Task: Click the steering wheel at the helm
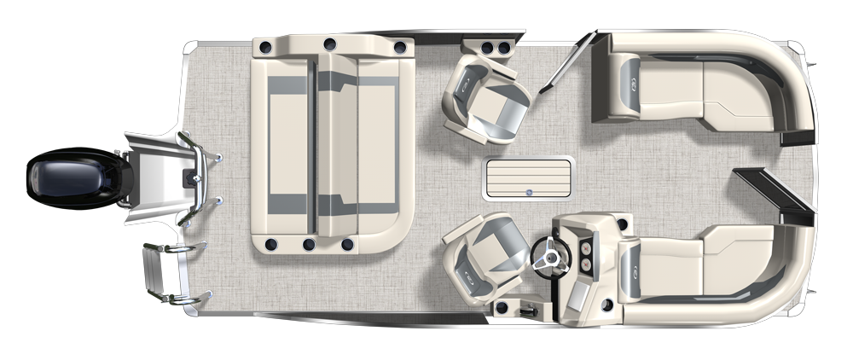point(545,253)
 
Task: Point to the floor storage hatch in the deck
point(528,180)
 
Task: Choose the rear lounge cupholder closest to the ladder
point(270,246)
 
